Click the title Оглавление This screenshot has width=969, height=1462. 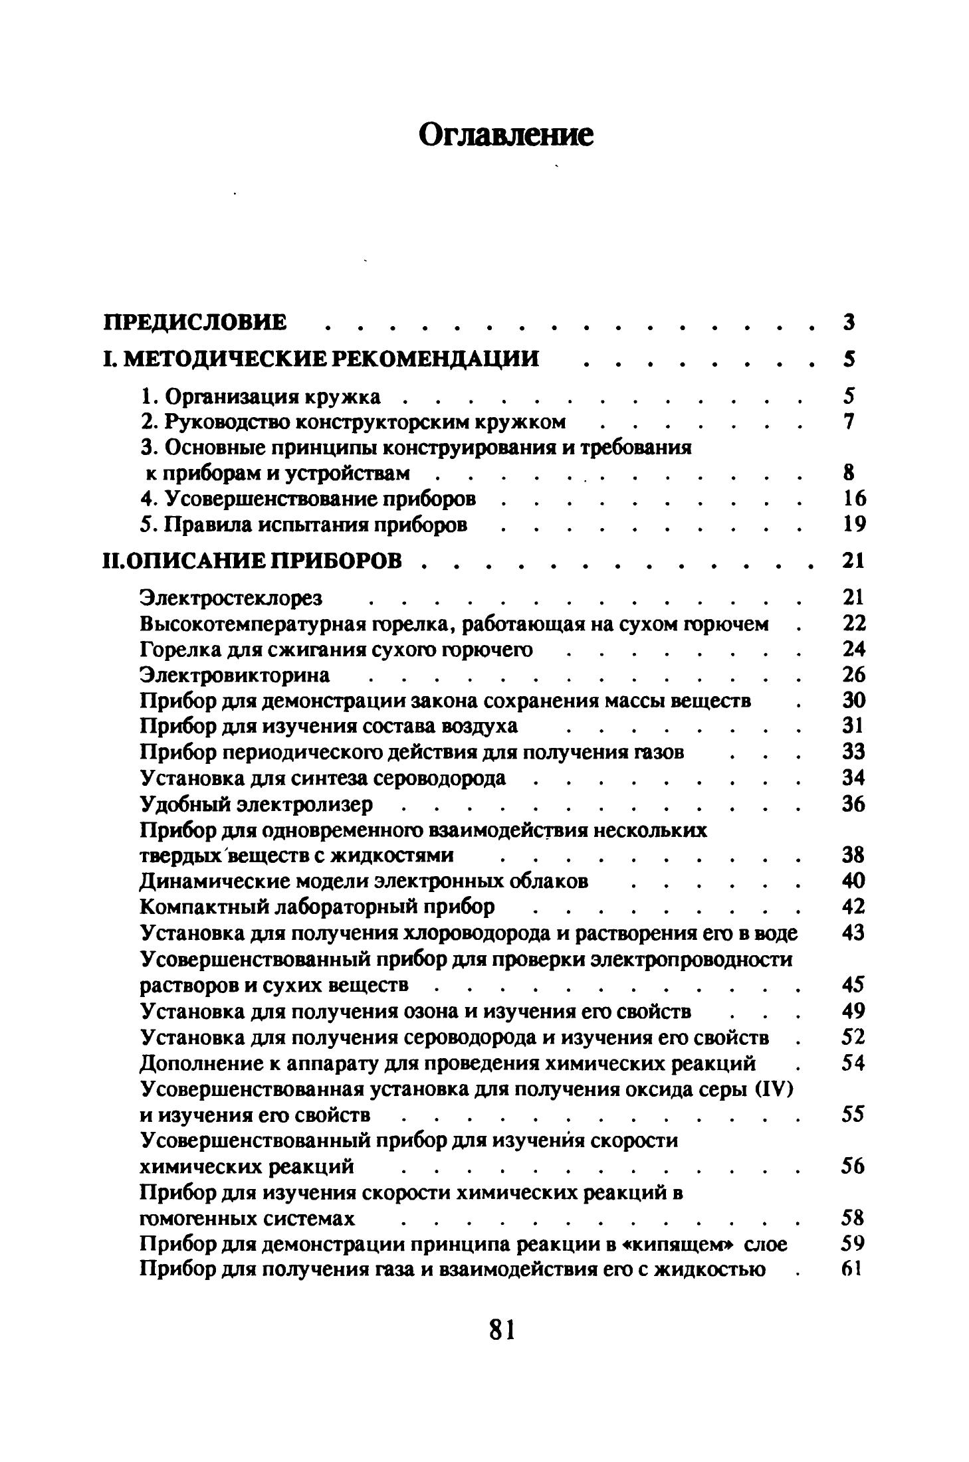pyautogui.click(x=506, y=136)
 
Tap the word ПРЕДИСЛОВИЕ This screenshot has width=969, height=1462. pyautogui.click(x=196, y=322)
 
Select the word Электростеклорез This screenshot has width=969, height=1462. pyautogui.click(x=231, y=598)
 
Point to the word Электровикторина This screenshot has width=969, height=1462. pyautogui.click(x=235, y=676)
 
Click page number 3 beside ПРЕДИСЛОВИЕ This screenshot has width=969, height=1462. pyautogui.click(x=848, y=322)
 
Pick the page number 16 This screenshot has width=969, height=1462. pyautogui.click(x=853, y=499)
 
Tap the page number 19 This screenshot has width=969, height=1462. pyautogui.click(x=853, y=525)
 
